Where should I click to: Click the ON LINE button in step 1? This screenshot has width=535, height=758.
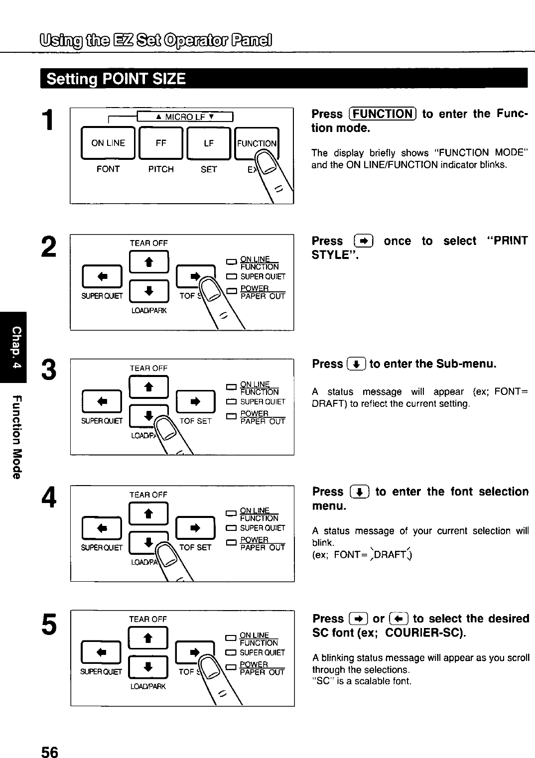(x=108, y=143)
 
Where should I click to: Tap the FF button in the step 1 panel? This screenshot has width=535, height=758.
(x=160, y=143)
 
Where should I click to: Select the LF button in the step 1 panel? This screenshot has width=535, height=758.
(x=208, y=143)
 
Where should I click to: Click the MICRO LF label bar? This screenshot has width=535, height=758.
(x=185, y=117)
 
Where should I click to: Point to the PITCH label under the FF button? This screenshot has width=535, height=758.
(x=160, y=169)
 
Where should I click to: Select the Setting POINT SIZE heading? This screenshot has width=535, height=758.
(x=116, y=79)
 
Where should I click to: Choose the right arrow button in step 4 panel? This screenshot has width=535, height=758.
(x=195, y=527)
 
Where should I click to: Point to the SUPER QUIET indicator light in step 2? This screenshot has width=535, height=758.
(x=231, y=277)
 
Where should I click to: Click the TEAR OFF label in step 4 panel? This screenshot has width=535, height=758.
(x=148, y=495)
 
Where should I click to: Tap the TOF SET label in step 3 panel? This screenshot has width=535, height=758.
(x=195, y=421)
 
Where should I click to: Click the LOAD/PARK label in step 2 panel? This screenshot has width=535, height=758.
(x=148, y=311)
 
